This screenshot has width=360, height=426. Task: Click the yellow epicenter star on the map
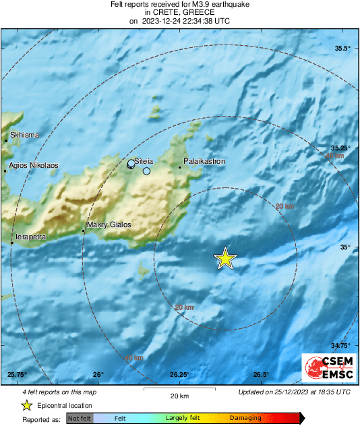coord(225,258)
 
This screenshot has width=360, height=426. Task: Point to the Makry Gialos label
coord(109,225)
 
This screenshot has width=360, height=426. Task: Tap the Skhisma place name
coord(25,135)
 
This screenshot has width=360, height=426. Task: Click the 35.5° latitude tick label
coord(343,49)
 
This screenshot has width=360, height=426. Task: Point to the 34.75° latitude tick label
coord(340,346)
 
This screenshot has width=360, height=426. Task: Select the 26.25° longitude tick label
coord(179,375)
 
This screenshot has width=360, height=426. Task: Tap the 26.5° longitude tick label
coord(262,375)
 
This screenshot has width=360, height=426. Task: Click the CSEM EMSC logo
coord(326,369)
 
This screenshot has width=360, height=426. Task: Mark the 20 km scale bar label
coord(179,396)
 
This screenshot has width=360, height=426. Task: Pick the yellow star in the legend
coord(26,405)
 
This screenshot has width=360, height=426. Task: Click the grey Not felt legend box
coord(80,419)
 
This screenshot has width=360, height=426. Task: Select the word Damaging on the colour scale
coord(245,419)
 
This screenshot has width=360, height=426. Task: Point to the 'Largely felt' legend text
coord(181,419)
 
